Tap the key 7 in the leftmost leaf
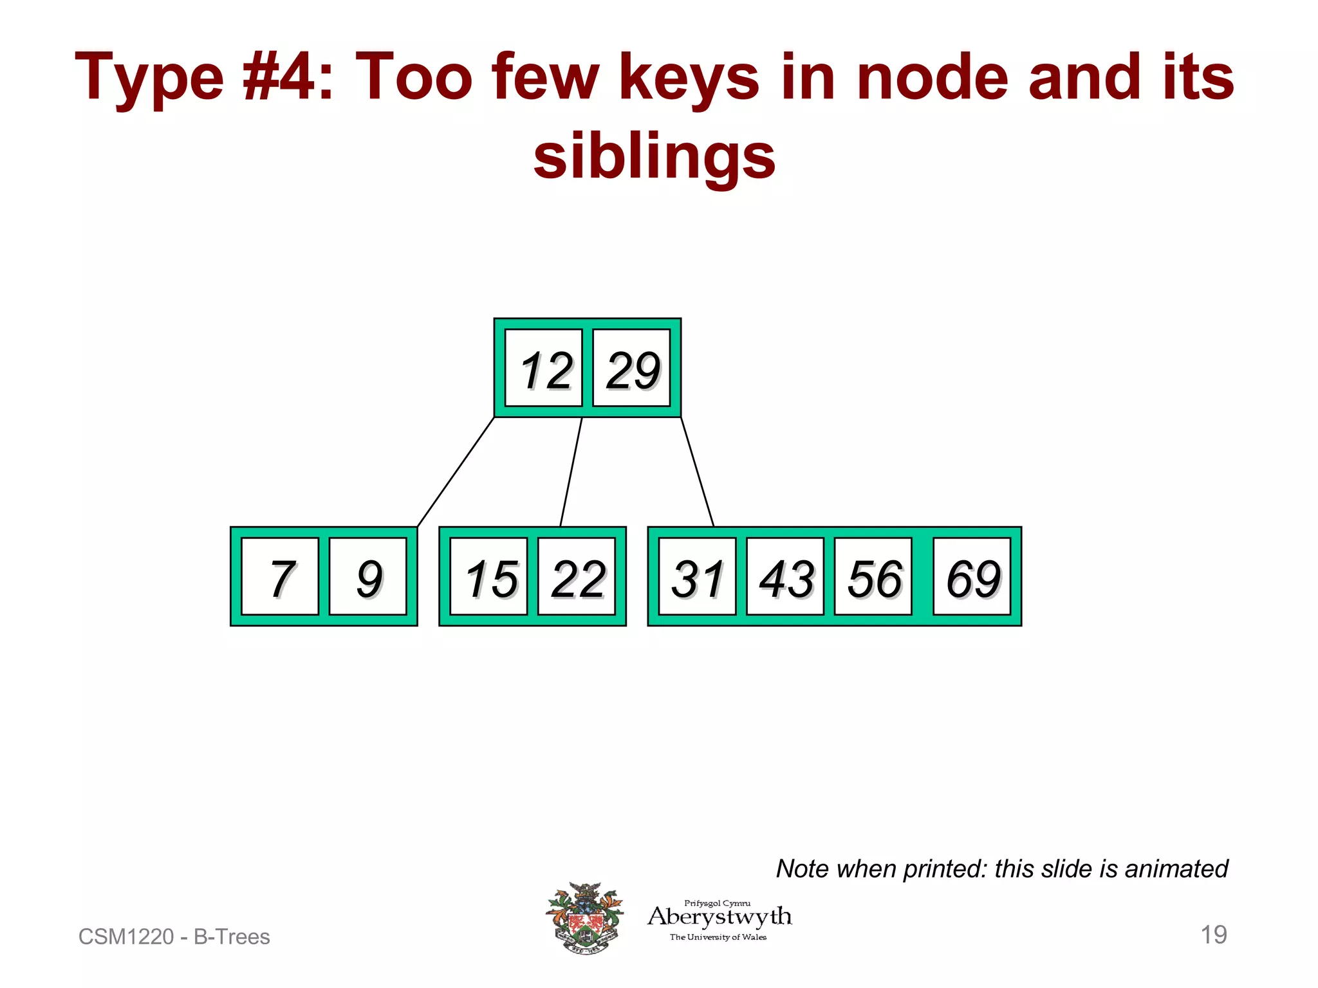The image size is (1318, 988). point(280,577)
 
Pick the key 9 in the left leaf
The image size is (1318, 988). point(367,577)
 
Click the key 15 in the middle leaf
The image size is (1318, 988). point(488,577)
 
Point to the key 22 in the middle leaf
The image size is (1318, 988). point(576,577)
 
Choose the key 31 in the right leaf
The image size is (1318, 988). point(697,577)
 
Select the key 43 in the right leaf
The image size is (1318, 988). point(785,577)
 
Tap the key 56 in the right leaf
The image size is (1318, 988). point(873,577)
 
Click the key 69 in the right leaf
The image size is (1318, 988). point(972,577)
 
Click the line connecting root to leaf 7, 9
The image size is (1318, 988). point(456,472)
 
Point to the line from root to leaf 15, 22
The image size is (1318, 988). point(571,472)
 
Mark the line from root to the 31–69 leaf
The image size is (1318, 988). point(697,472)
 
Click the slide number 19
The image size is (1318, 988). point(1213,935)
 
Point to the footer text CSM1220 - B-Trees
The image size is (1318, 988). point(174,937)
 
